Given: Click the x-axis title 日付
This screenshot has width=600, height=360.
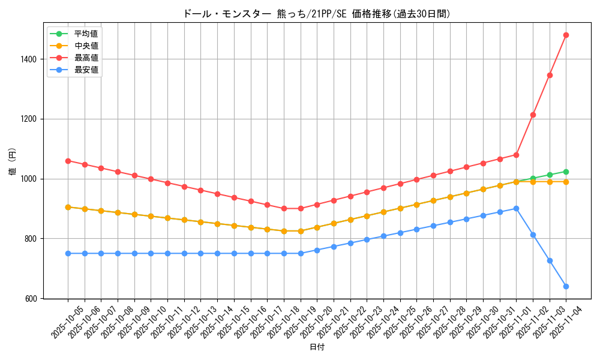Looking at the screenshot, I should [x=317, y=347].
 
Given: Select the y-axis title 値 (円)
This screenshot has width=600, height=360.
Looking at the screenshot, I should [x=13, y=162].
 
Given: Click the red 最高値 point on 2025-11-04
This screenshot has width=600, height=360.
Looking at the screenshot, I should [x=566, y=35].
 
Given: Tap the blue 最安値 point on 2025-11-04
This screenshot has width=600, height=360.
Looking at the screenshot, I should [x=566, y=286].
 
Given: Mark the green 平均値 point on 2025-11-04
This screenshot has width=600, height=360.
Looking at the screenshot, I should [x=566, y=172].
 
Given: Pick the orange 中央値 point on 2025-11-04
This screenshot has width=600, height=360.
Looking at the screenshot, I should [x=566, y=182].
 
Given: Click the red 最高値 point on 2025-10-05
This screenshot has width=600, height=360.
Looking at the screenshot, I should [x=68, y=161].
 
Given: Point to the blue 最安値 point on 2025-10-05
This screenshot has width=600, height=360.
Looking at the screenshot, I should [x=68, y=253].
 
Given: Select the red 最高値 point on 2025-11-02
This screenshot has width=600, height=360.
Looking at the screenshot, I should [x=533, y=115].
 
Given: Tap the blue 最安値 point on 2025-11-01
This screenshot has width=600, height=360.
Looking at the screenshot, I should [x=516, y=208].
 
